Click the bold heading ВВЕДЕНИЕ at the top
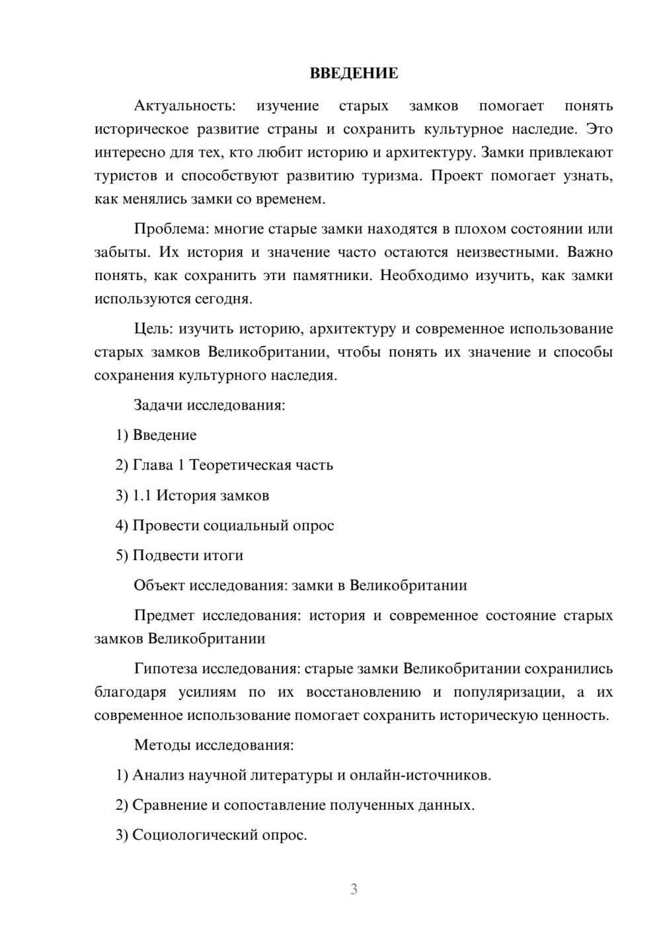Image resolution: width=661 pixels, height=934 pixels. (x=354, y=73)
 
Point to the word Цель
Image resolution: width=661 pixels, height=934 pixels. (x=153, y=329)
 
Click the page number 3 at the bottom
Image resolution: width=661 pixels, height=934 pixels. (x=354, y=889)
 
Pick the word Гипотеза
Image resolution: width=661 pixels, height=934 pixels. (x=165, y=668)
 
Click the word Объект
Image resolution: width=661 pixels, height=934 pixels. (x=159, y=585)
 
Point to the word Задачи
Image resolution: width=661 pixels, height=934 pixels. (x=159, y=405)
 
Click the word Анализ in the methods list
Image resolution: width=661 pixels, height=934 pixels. (x=158, y=775)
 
